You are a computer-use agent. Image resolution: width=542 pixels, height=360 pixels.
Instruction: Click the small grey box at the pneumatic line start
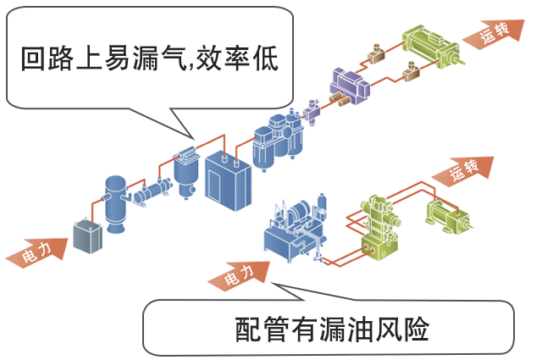[86, 236]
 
